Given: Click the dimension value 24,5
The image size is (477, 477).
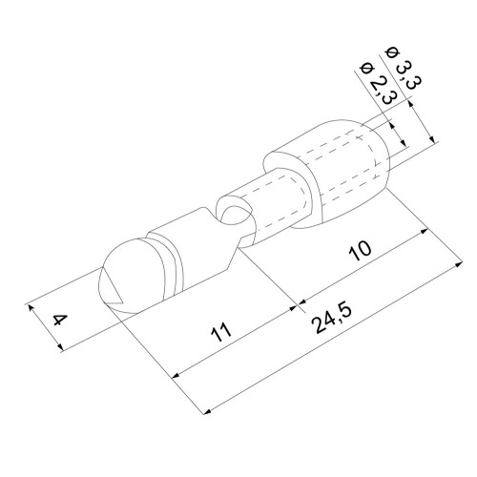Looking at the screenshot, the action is click(x=332, y=319).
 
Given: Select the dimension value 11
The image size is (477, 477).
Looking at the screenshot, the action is click(x=221, y=332).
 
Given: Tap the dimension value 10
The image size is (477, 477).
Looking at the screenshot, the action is click(x=360, y=250).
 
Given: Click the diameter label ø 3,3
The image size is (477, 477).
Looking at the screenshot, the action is click(x=404, y=71).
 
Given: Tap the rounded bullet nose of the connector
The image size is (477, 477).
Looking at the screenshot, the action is click(x=127, y=277).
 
